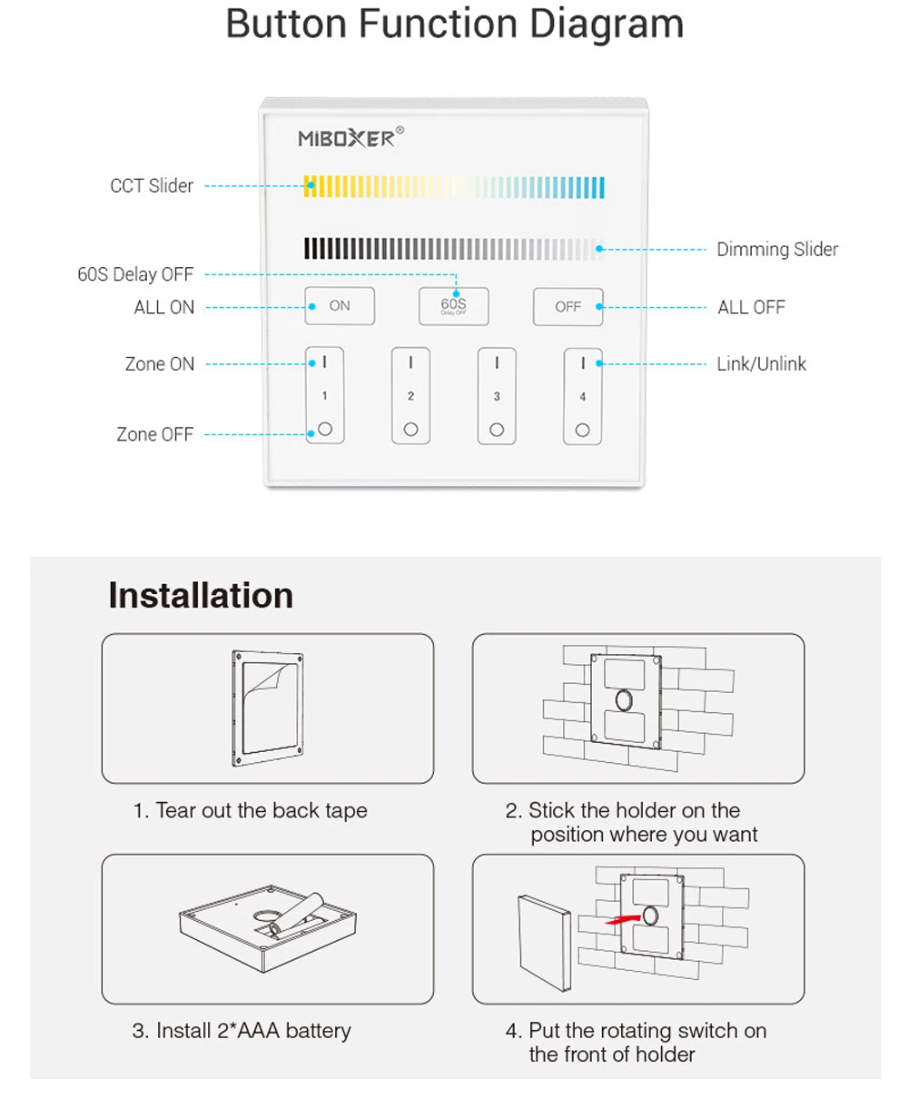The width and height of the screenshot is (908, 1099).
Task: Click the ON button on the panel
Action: [340, 306]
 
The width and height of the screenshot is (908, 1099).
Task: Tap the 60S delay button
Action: [454, 306]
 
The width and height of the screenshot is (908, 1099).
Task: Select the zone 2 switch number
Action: [410, 396]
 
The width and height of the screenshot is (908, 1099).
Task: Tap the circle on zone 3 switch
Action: [497, 429]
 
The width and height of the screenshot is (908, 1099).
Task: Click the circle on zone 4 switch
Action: [583, 430]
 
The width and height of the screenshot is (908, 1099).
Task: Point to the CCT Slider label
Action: [152, 186]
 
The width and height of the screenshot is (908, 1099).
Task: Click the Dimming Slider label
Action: [777, 249]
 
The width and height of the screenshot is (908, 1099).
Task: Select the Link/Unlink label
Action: [761, 364]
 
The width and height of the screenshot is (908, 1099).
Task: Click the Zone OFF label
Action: [154, 434]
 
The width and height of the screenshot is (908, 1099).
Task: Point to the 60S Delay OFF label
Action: [135, 274]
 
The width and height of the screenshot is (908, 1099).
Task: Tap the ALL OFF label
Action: [751, 307]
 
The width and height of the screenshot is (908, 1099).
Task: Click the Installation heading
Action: [201, 596]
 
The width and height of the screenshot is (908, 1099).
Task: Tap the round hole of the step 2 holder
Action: [624, 699]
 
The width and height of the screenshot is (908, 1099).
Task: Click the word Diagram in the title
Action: [607, 24]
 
